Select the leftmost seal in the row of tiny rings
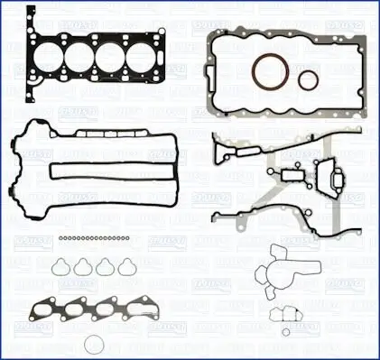[x=57, y=237]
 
